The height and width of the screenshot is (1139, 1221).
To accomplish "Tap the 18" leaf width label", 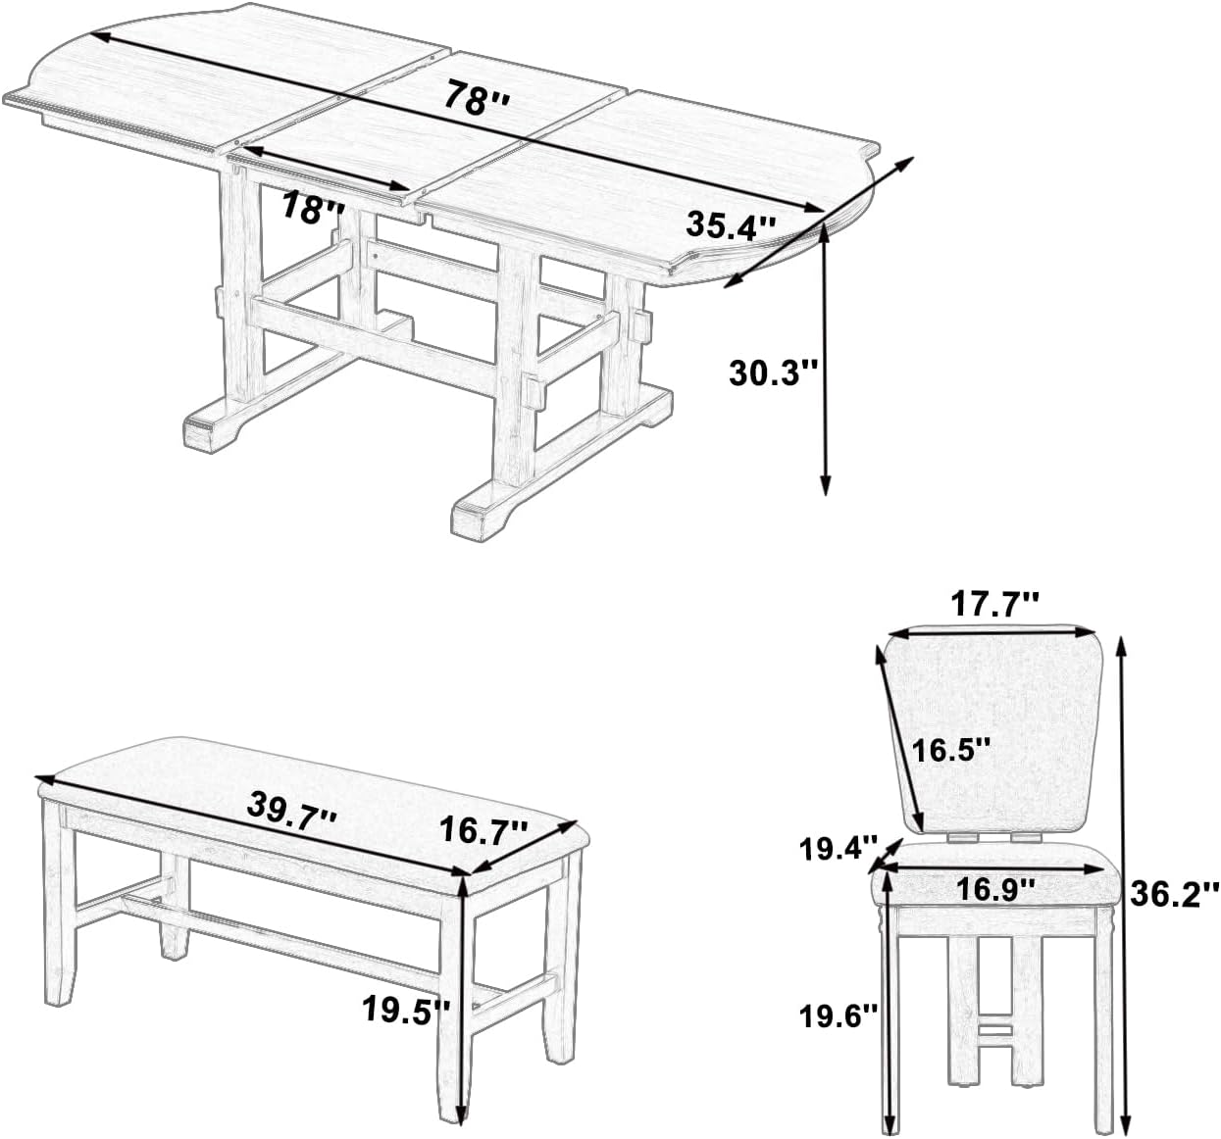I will [313, 209].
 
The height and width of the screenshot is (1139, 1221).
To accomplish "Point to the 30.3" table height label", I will [773, 373].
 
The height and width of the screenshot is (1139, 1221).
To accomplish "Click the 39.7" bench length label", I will [290, 811].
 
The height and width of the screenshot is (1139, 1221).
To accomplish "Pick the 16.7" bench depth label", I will [483, 831].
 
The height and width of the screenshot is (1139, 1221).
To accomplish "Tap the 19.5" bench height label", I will [405, 1009].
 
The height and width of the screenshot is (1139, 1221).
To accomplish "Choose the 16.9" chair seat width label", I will [996, 890].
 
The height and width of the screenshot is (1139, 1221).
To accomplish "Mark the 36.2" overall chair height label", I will [1173, 893].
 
